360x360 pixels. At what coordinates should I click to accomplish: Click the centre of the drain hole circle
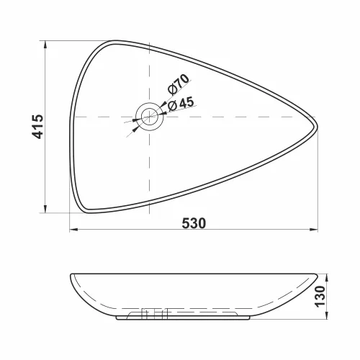(149, 116)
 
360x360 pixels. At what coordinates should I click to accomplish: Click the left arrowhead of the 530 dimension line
(73, 231)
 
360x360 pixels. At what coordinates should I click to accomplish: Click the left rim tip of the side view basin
(73, 275)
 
